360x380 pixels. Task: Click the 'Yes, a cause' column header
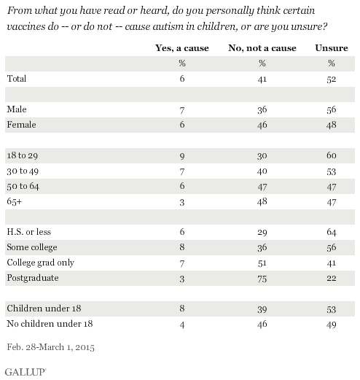tap(182, 48)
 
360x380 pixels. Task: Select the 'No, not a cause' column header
tap(262, 48)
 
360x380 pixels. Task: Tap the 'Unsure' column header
tap(332, 48)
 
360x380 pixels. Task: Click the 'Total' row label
tap(17, 79)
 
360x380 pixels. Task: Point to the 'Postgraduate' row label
tap(33, 278)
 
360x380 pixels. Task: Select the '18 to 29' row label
tap(23, 155)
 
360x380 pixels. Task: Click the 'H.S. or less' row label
tap(29, 232)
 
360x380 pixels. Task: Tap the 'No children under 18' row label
tap(50, 324)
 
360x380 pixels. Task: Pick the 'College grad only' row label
tap(41, 263)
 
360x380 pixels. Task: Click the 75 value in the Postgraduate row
tap(262, 279)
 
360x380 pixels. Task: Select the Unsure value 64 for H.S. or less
tap(332, 232)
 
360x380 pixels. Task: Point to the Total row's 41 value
tap(262, 80)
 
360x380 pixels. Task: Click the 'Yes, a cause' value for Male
tap(182, 110)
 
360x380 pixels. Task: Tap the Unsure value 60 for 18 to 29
tap(332, 155)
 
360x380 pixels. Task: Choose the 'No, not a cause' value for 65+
tap(262, 202)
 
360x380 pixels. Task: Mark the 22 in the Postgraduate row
tap(332, 278)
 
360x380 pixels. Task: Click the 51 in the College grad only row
tap(262, 263)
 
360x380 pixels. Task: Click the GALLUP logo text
tap(26, 372)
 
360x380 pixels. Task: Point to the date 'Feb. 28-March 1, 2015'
tap(50, 347)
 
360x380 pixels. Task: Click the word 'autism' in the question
tap(168, 26)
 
